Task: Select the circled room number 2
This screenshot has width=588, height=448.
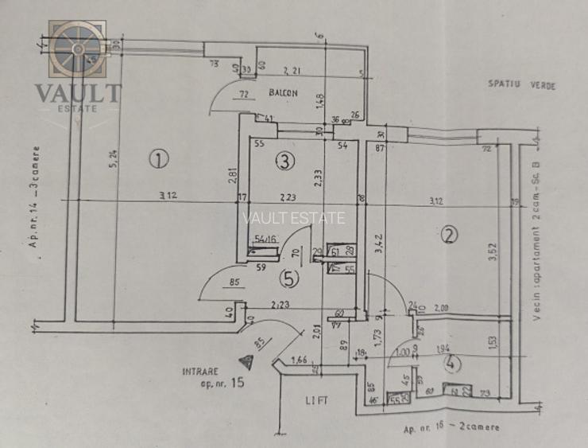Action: [x=449, y=236]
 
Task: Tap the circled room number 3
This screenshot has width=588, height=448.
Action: [x=284, y=162]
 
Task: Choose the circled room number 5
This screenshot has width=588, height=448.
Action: [x=290, y=279]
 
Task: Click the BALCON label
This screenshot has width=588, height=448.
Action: [x=283, y=93]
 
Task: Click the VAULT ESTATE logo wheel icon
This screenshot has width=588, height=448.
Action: [x=78, y=49]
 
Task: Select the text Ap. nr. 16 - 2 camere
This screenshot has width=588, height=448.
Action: [x=451, y=428]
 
